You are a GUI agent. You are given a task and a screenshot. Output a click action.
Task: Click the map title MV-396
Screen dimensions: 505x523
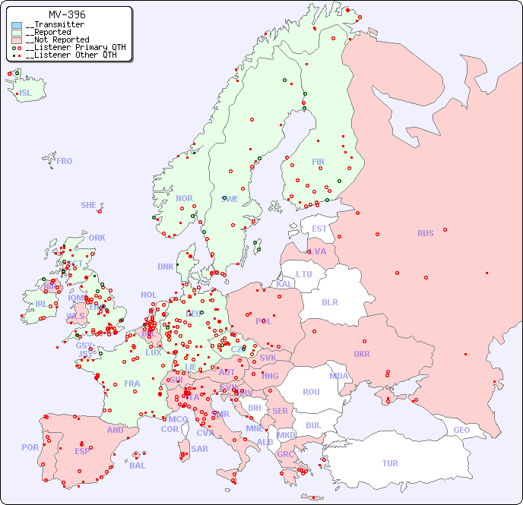67,14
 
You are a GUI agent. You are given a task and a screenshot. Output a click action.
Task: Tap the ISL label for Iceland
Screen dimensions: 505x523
26,93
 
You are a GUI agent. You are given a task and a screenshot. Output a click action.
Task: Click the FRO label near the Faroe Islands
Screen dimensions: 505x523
65,161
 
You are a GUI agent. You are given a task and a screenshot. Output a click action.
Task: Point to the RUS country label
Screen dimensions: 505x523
425,233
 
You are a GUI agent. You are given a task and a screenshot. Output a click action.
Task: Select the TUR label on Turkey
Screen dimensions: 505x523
390,463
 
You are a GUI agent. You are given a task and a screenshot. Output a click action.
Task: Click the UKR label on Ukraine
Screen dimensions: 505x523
362,354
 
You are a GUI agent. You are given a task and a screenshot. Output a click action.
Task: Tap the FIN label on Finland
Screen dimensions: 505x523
318,162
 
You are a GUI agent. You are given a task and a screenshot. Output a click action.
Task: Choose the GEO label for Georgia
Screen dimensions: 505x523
461,430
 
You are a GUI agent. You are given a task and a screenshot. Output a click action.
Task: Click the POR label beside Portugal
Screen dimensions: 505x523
30,447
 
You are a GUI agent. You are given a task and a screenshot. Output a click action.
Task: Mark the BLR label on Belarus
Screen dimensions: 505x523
330,301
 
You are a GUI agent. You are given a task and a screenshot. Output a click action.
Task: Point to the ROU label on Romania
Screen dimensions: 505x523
311,392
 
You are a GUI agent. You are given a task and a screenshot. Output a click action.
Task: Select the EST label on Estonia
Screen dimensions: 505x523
319,229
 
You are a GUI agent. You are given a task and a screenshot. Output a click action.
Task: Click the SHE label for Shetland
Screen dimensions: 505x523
89,205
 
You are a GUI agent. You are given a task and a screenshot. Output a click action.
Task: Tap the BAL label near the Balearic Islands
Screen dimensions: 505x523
138,466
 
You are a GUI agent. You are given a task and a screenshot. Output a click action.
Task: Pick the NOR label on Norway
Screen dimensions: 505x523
184,198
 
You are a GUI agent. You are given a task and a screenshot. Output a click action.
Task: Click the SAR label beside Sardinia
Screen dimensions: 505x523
200,449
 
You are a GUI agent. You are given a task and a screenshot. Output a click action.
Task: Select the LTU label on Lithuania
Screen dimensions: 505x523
304,274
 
